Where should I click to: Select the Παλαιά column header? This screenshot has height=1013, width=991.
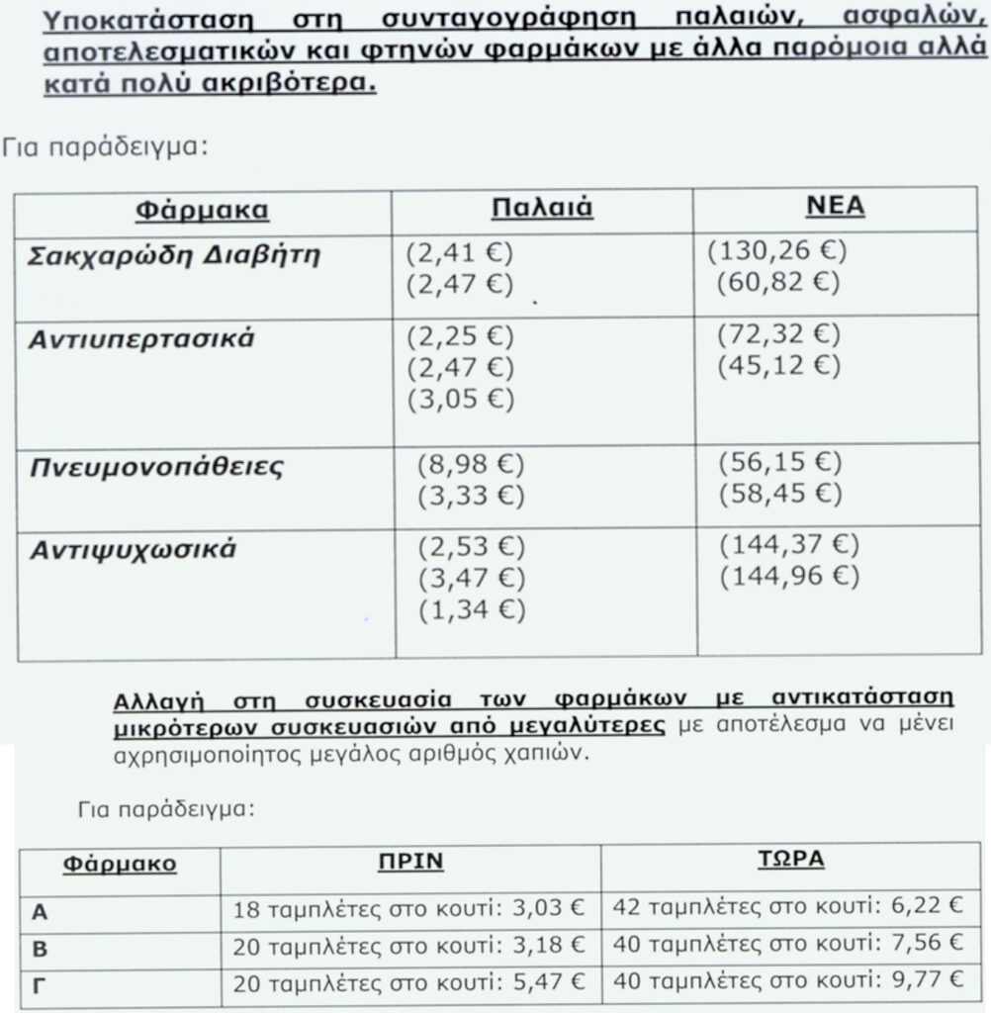pyautogui.click(x=541, y=208)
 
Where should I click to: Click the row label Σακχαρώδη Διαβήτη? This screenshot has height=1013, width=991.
pyautogui.click(x=173, y=255)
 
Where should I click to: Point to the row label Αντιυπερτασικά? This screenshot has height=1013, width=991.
pyautogui.click(x=141, y=339)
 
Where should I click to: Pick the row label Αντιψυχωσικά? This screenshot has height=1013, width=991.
pyautogui.click(x=133, y=550)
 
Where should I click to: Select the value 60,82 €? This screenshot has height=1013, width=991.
pyautogui.click(x=778, y=284)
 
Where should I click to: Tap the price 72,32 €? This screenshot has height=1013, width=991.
pyautogui.click(x=778, y=334)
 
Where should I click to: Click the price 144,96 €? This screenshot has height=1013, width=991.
pyautogui.click(x=788, y=576)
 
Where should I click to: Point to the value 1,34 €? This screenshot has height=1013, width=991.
pyautogui.click(x=471, y=609)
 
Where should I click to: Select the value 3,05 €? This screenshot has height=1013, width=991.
pyautogui.click(x=460, y=400)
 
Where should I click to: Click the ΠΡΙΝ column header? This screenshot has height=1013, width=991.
pyautogui.click(x=410, y=861)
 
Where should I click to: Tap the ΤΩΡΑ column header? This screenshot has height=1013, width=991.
pyautogui.click(x=783, y=858)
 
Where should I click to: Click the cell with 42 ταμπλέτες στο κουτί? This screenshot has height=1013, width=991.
pyautogui.click(x=788, y=905)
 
